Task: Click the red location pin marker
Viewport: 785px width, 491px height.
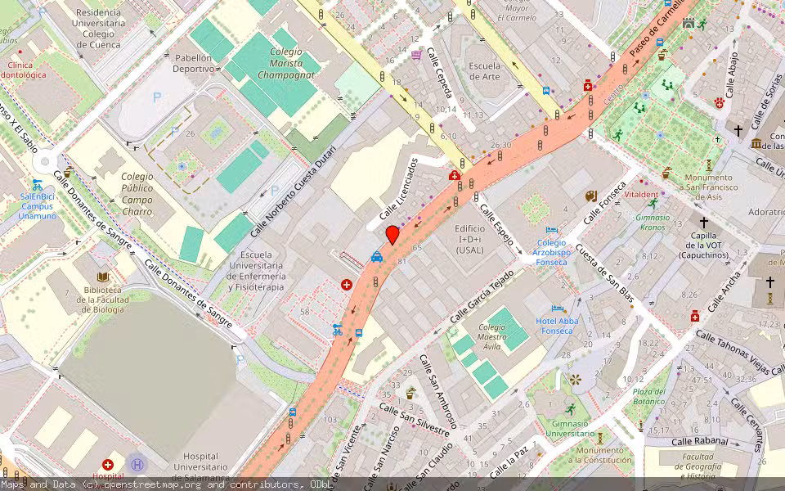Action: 392,234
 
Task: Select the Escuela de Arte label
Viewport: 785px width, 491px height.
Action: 484,71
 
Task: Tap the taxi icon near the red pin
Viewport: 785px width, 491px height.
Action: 376,256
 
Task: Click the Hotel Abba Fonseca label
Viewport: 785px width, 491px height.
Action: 557,326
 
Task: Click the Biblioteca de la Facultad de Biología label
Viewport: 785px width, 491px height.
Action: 103,300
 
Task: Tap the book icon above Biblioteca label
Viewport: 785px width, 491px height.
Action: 102,278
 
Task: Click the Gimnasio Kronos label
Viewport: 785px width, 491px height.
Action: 653,222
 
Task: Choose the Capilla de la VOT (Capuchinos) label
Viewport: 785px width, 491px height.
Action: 704,245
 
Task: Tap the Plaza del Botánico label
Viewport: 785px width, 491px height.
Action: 648,396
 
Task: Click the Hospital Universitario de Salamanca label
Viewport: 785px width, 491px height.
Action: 189,466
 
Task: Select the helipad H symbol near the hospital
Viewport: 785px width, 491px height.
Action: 137,464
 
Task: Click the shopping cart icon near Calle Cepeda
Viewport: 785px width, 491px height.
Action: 417,55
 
